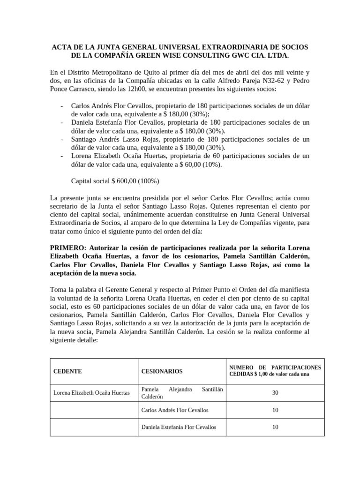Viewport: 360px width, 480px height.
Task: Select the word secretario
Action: tap(66, 206)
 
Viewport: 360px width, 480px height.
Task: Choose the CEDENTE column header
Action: tap(68, 371)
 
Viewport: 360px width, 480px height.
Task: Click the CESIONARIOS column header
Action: tap(162, 371)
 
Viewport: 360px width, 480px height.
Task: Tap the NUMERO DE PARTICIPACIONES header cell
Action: tap(275, 371)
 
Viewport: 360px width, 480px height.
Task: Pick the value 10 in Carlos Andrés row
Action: tap(275, 410)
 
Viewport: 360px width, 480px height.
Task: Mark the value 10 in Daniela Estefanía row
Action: tap(275, 427)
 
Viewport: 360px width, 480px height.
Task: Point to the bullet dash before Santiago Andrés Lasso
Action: tap(62, 140)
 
